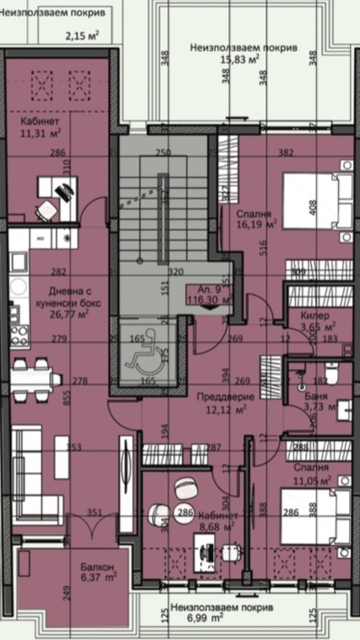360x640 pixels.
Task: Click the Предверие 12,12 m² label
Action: click(220, 402)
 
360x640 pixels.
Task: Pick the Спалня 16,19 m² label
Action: click(258, 220)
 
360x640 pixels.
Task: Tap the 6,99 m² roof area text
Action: click(221, 613)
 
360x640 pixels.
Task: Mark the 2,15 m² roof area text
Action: click(82, 36)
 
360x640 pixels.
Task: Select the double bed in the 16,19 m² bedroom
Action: click(316, 200)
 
